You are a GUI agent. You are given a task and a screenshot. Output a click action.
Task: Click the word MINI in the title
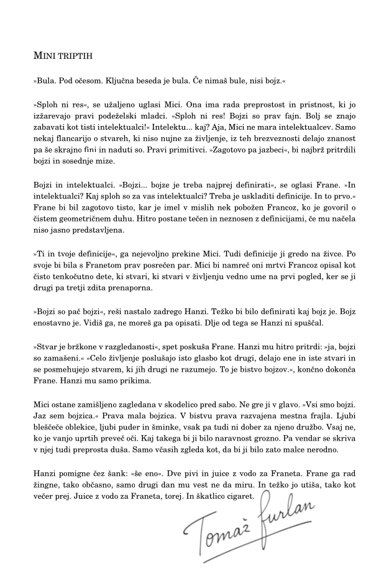point(43,56)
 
